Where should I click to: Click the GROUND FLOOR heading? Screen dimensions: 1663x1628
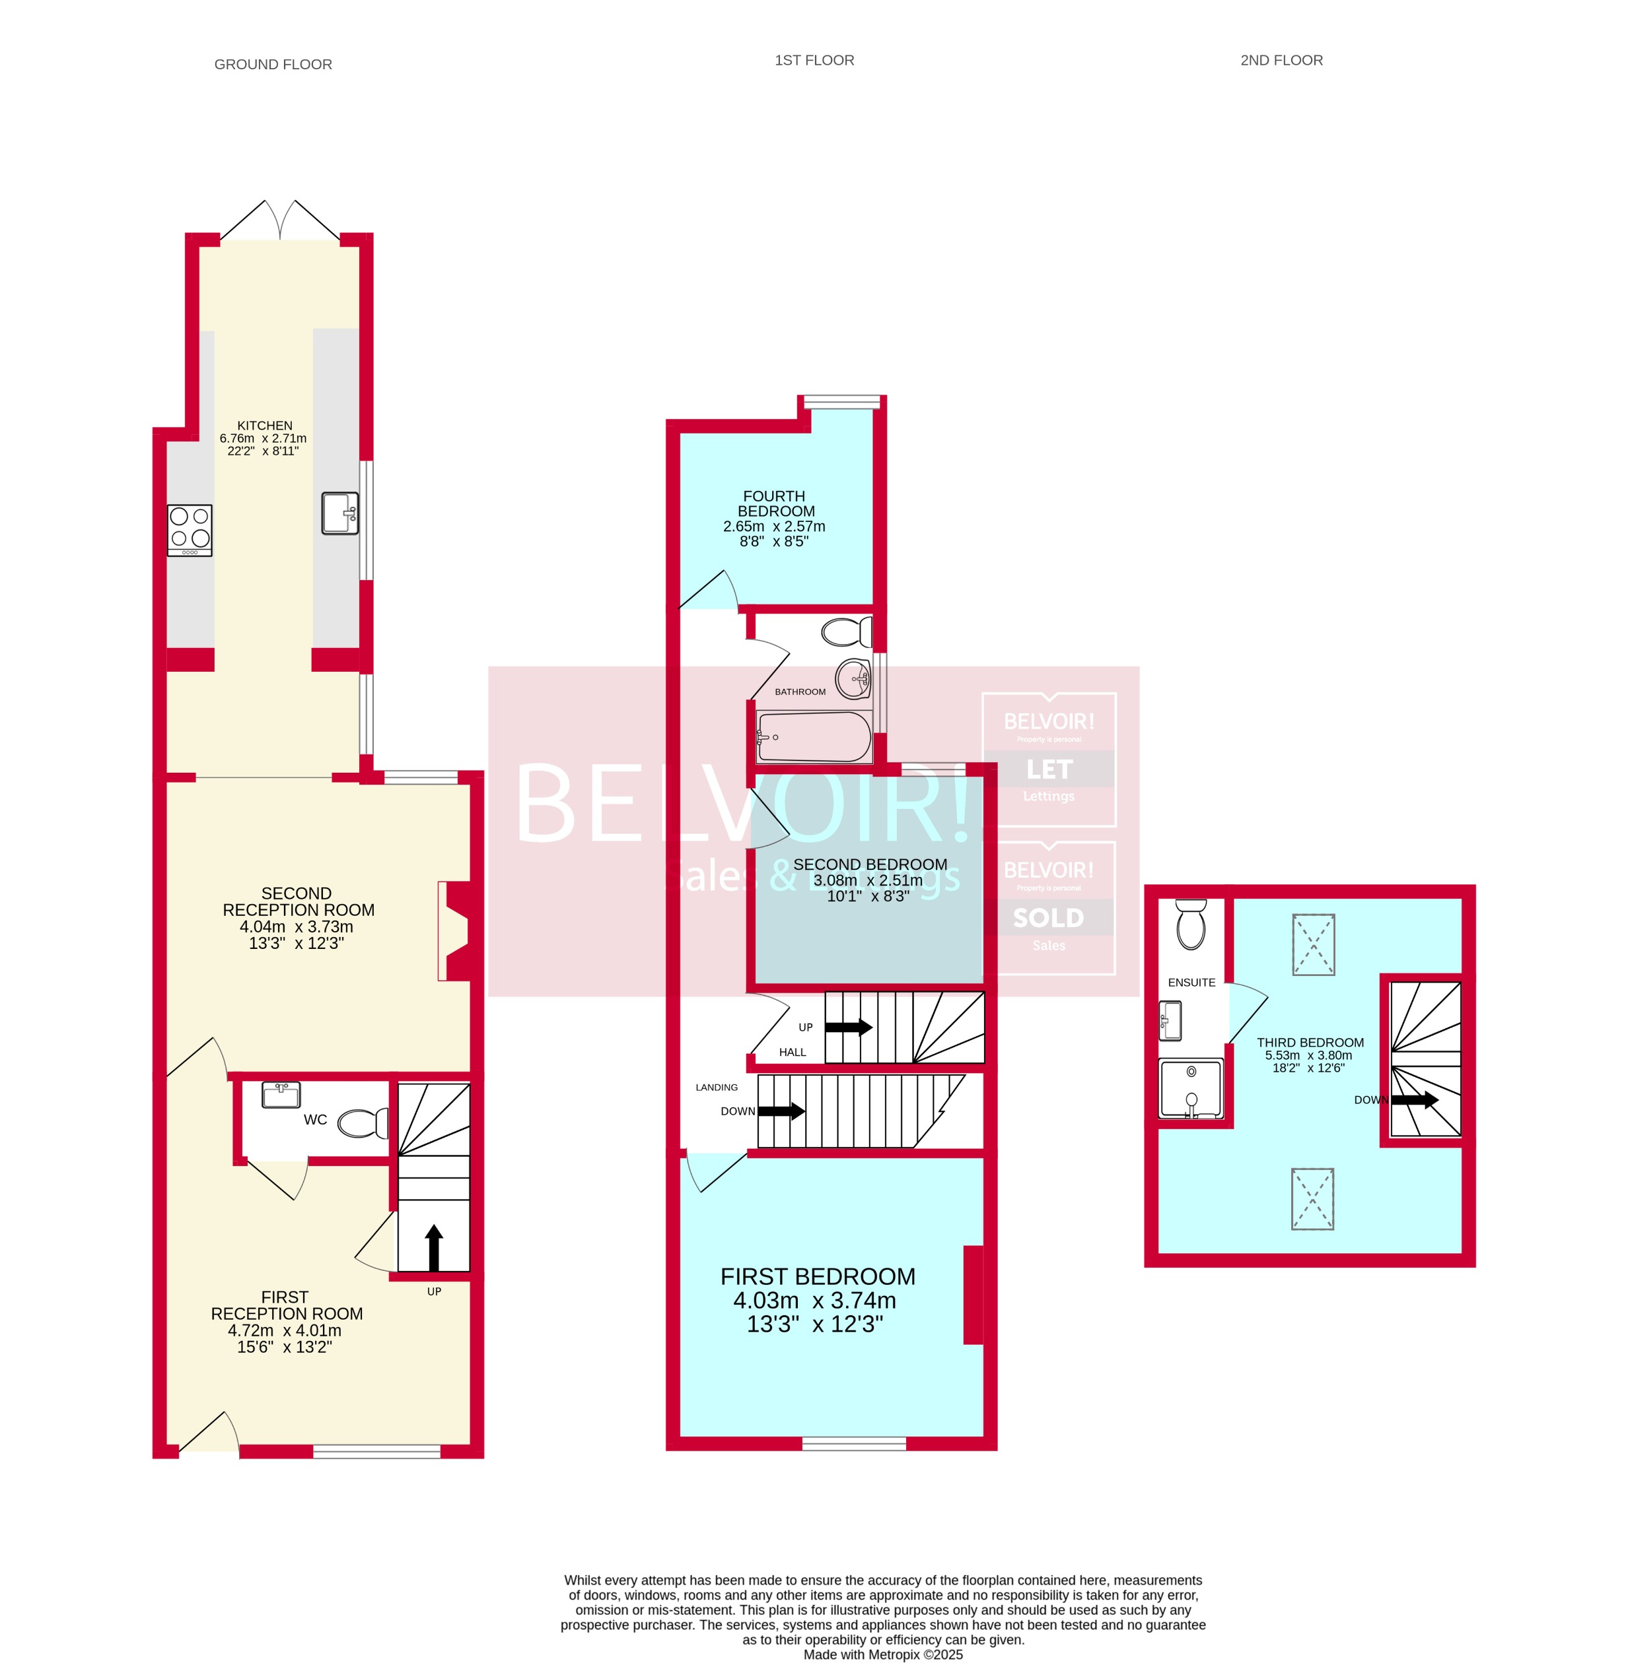(273, 64)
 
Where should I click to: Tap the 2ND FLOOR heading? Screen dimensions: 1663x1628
(1281, 60)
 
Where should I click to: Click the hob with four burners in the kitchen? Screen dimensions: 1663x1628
(190, 530)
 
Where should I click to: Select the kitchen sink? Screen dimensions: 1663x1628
(340, 513)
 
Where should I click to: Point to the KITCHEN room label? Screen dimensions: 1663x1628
(264, 426)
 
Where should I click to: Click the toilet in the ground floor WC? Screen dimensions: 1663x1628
(365, 1123)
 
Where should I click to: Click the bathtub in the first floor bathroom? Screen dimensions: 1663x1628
(814, 736)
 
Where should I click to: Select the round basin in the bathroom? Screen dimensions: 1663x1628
(853, 678)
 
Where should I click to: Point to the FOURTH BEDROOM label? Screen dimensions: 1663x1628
(775, 504)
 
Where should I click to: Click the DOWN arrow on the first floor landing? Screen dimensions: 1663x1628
(781, 1111)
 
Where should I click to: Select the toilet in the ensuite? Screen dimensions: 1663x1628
(1190, 925)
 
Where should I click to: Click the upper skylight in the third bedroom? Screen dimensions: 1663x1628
(1312, 944)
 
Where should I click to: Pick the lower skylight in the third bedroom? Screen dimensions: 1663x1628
(1312, 1199)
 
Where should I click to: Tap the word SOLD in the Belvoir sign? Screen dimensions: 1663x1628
(1048, 918)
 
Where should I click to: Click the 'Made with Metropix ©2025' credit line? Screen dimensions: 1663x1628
(882, 1654)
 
